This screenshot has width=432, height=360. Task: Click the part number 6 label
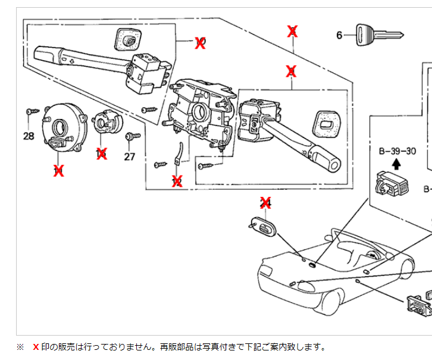point(339,35)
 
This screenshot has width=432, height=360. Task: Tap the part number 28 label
point(29,136)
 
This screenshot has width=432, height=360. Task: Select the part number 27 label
point(130,156)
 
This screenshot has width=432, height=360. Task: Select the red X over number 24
point(265,202)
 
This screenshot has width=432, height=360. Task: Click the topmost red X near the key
point(292,31)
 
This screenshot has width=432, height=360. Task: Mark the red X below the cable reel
point(58,171)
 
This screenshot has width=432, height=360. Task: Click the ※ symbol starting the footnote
point(20,347)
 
